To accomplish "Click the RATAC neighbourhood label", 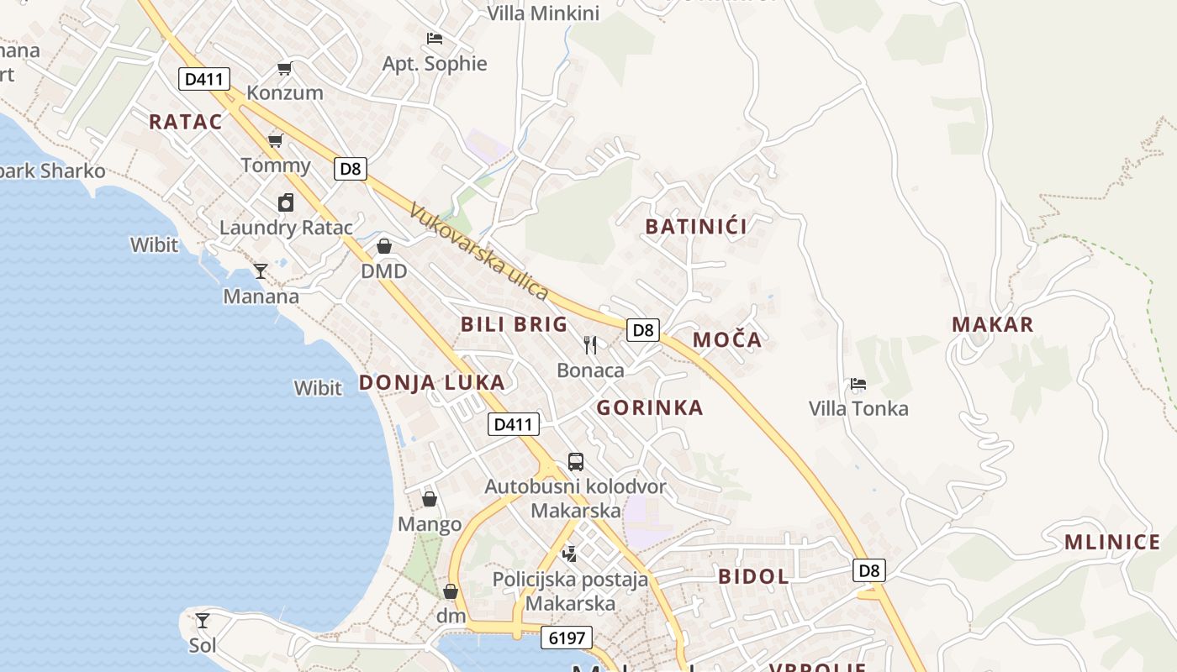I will [186, 122].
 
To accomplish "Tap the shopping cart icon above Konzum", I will [285, 68].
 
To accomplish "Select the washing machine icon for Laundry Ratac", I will [286, 202].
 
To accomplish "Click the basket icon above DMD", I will [384, 246].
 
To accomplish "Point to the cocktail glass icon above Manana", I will [261, 271].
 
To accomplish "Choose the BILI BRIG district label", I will [514, 324].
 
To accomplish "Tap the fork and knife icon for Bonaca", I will [590, 344].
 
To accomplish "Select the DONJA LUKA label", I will [432, 382].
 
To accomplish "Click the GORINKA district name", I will [650, 408].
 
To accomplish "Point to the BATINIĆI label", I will [696, 226].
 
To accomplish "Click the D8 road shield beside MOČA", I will [643, 330].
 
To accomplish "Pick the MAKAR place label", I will [992, 324].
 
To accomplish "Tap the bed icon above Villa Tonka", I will [858, 385].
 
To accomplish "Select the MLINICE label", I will [1112, 542].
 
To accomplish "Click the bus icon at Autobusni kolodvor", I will [576, 461].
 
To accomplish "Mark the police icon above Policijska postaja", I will [570, 554].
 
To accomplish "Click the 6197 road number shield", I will [567, 638].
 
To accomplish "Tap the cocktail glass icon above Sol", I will [203, 621].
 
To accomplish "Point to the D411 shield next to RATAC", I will [204, 80].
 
